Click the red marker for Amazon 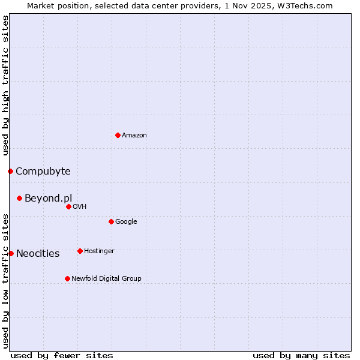click(118, 135)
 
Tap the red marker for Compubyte click(10, 171)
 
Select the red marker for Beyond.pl click(19, 198)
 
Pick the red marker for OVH click(68, 206)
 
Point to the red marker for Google click(111, 221)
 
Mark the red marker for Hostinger click(80, 251)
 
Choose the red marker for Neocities click(11, 253)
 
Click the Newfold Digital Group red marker click(67, 278)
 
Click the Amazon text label click(134, 135)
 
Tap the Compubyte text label click(43, 171)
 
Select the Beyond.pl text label click(48, 198)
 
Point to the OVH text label click(80, 206)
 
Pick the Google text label click(126, 221)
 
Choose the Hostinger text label click(99, 251)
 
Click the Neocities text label click(38, 253)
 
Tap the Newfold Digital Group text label click(106, 278)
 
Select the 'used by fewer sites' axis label click(62, 355)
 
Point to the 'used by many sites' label click(301, 355)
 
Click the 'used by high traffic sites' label click(5, 85)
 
